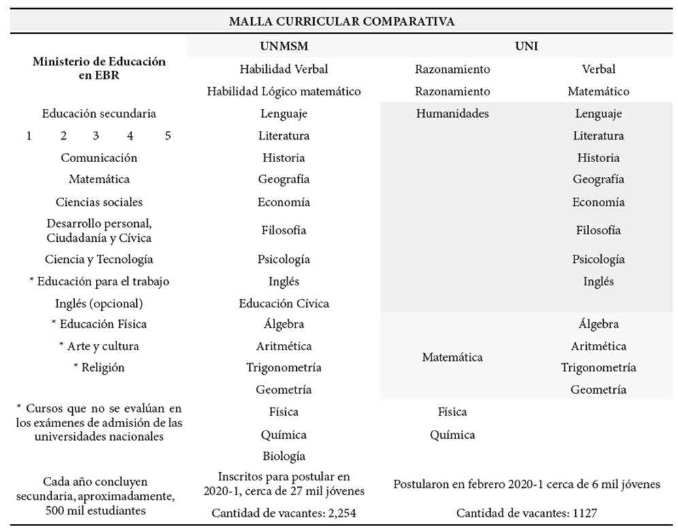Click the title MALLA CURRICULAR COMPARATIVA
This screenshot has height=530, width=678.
(341, 21)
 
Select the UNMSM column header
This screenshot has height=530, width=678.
(283, 47)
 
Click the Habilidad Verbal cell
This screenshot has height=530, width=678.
(283, 69)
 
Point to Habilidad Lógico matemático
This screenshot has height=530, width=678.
(283, 91)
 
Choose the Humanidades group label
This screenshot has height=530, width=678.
(452, 114)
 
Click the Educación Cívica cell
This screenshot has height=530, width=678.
(283, 303)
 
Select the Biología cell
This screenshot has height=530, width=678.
(283, 456)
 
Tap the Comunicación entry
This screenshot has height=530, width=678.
(99, 157)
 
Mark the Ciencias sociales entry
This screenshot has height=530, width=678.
(99, 202)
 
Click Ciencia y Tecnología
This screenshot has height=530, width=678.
(99, 259)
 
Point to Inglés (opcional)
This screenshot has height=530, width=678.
(99, 303)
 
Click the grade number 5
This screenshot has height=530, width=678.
(167, 136)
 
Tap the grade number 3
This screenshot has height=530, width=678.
(96, 136)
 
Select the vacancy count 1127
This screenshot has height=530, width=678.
(584, 512)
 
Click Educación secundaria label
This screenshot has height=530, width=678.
(99, 114)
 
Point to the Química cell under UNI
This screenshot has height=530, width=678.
(452, 435)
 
